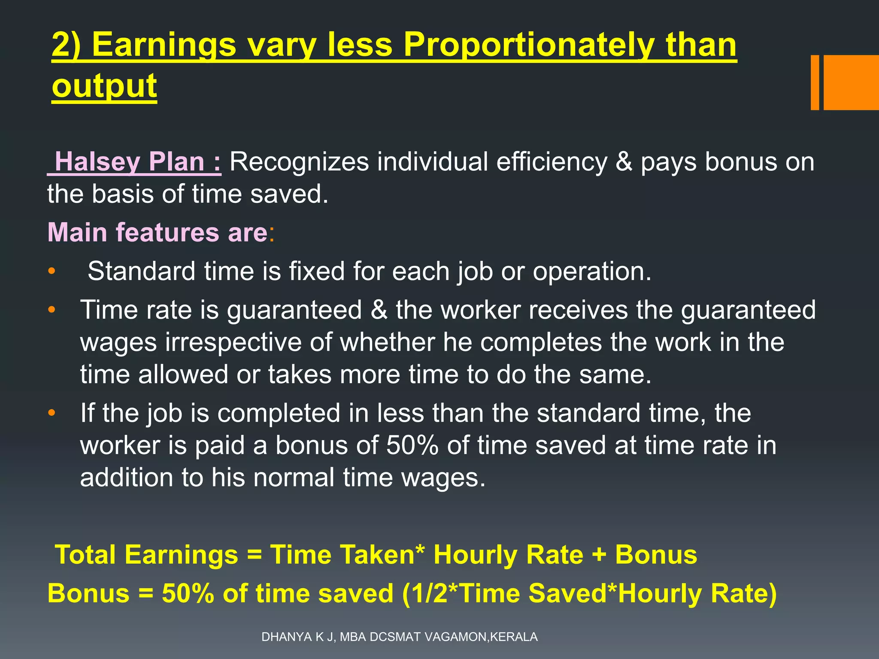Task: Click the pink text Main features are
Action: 158,233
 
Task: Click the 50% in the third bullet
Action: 412,445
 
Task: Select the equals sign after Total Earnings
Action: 255,554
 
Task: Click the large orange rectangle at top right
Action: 851,82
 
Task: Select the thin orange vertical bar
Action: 815,82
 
